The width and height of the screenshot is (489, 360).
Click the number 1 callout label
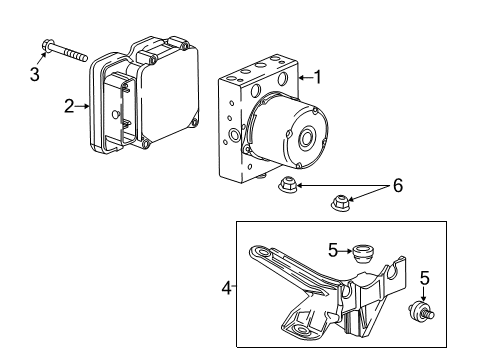coord(317,76)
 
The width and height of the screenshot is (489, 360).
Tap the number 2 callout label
coord(69,105)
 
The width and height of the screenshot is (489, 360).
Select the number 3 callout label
coord(35,74)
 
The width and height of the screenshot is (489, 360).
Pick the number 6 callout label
coord(397,187)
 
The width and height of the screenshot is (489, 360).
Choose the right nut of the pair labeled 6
coord(339,205)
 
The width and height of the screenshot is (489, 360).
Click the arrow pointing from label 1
coord(303,76)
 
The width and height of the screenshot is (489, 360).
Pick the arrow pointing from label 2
coord(84,105)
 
